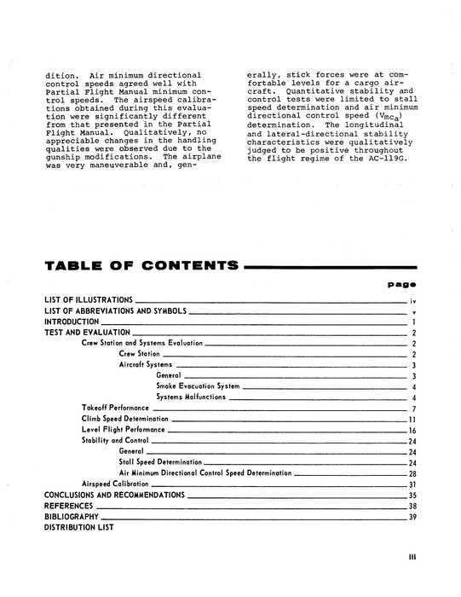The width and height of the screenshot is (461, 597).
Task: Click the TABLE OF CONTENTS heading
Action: click(141, 266)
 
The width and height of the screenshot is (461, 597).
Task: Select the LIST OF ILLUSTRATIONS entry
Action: click(88, 300)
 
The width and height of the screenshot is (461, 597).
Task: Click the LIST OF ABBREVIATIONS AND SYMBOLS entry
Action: click(114, 311)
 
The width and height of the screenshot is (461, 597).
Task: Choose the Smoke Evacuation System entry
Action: click(198, 386)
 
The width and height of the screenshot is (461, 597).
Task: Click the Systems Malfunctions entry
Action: click(192, 397)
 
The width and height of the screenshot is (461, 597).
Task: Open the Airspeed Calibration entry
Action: click(117, 484)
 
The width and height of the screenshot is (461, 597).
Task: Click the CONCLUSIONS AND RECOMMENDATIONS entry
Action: click(114, 495)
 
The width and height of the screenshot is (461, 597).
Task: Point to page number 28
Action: click(412, 473)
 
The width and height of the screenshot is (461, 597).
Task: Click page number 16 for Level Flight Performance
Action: click(412, 431)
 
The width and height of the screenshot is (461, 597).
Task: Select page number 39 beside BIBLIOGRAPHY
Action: click(412, 517)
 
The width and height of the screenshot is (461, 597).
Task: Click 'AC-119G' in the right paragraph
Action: click(372, 159)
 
